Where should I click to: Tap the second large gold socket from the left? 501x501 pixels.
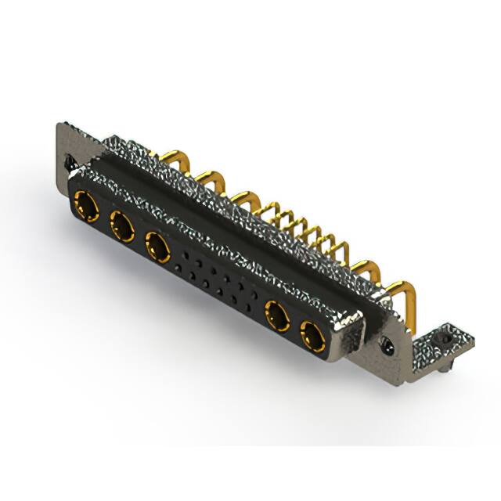pyautogui.click(x=121, y=228)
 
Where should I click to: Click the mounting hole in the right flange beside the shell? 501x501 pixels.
pyautogui.click(x=385, y=342)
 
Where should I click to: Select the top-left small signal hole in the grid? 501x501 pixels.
pyautogui.click(x=185, y=256)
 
